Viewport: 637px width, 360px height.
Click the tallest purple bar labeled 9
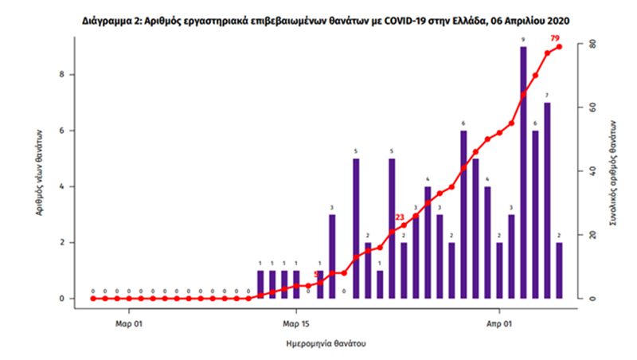click(x=523, y=172)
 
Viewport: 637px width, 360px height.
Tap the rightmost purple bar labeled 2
click(x=559, y=271)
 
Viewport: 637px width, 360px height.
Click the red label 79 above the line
click(x=555, y=37)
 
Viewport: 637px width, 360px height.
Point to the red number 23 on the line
click(x=400, y=217)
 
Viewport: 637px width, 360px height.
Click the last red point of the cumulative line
click(x=559, y=47)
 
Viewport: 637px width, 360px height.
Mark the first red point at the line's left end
click(x=92, y=299)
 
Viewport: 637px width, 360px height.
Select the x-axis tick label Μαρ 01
click(x=128, y=324)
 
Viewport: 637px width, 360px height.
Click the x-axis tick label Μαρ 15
click(x=295, y=324)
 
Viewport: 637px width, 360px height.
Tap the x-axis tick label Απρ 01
click(x=499, y=324)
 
